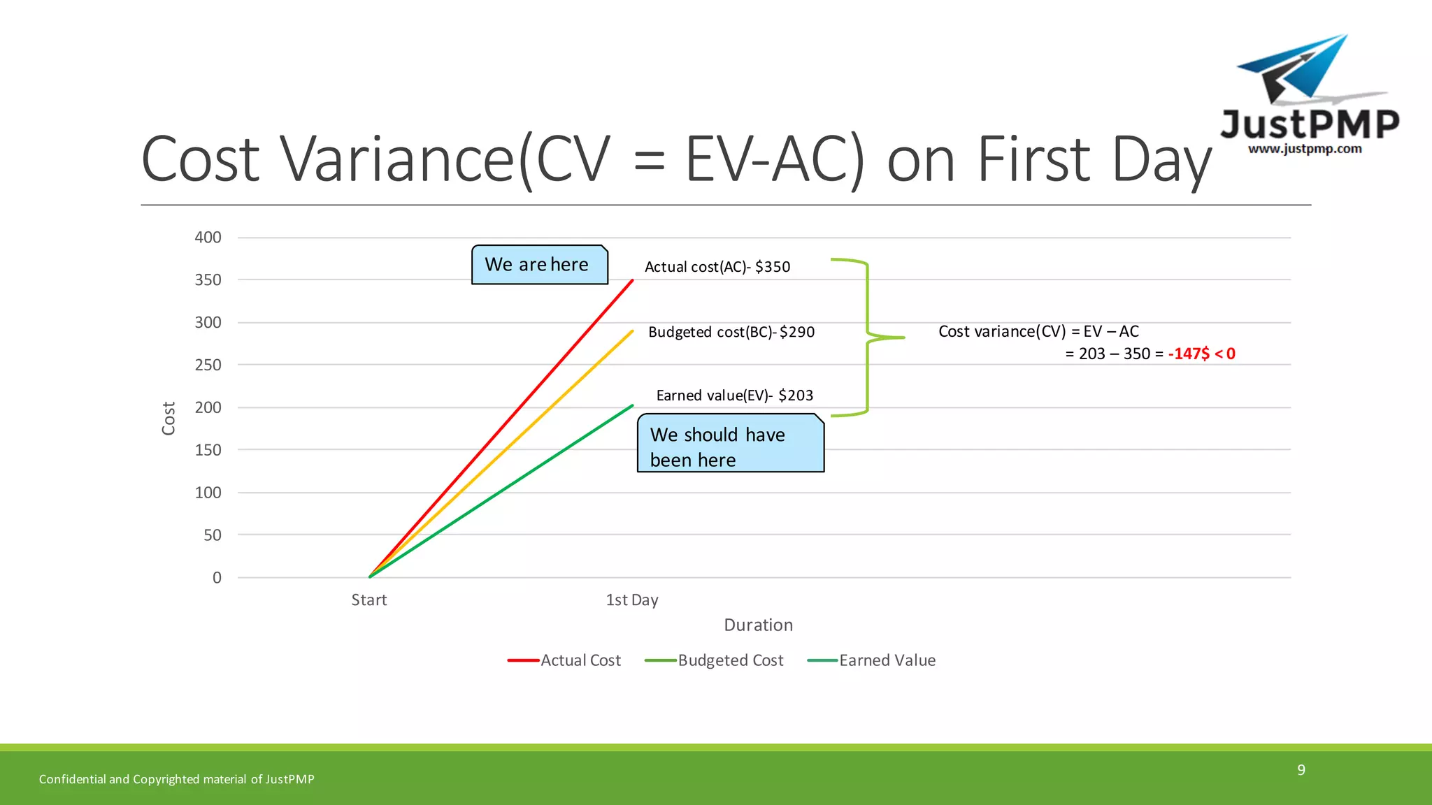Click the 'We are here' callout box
point(539,265)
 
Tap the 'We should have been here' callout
point(730,444)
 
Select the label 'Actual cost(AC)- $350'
point(717,267)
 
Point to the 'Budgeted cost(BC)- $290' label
point(731,332)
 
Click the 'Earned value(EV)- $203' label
point(734,396)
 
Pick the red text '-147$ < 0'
point(1201,354)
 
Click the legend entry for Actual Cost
point(565,660)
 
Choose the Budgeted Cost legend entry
point(715,660)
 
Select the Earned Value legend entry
point(872,660)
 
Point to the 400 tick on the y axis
point(208,238)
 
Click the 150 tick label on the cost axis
point(208,450)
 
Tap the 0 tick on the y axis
point(217,578)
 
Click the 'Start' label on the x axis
point(368,600)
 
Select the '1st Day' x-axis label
point(631,600)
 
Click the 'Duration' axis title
point(758,625)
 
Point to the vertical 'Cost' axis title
point(169,418)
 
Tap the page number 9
point(1301,770)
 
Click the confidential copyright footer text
point(176,779)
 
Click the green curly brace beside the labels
point(868,338)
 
